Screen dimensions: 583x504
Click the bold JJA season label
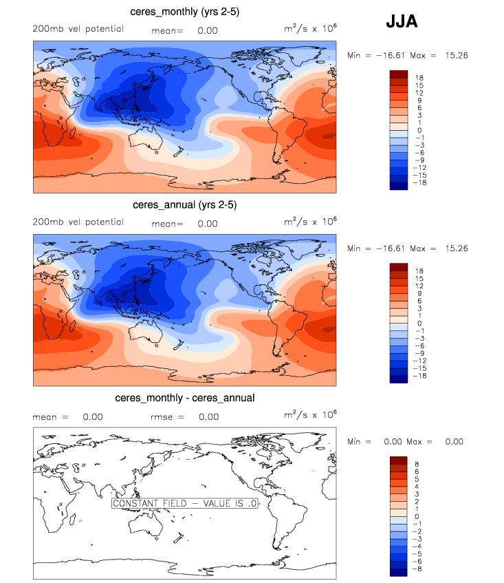coord(401,21)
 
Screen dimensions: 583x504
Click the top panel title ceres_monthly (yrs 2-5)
coord(184,12)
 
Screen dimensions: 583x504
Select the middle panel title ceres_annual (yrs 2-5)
coord(184,205)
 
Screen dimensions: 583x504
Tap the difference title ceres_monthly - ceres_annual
coord(185,398)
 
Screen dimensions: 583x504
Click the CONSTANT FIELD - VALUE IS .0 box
coord(184,503)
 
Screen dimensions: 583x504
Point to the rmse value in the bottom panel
coord(209,416)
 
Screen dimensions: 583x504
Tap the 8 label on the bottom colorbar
coord(417,465)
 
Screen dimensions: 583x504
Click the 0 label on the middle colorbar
coord(417,324)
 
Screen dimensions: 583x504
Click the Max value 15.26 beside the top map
coord(454,55)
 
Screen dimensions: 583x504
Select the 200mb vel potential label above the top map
coord(78,29)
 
